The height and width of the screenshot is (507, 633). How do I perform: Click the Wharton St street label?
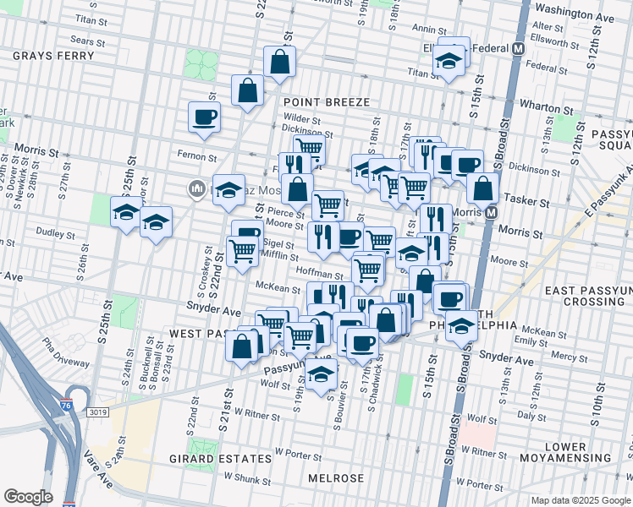542,108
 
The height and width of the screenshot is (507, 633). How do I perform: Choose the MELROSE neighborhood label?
336,478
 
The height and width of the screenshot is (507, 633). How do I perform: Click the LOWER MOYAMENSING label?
577,452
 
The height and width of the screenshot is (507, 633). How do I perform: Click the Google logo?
28,497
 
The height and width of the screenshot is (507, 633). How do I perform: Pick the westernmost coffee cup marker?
204,117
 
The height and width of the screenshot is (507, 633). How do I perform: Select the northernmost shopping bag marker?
279,61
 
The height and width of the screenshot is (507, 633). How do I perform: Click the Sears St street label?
87,40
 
